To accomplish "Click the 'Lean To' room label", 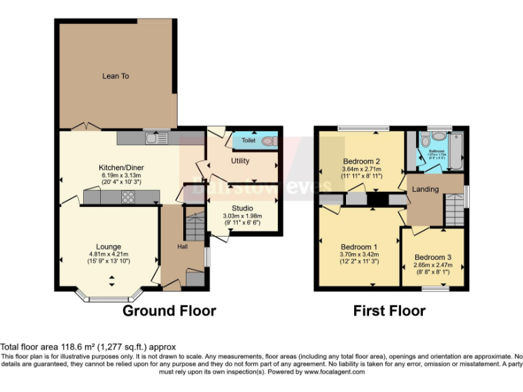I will (115, 76).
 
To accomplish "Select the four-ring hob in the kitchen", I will (128, 197).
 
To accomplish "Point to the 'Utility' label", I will (240, 161).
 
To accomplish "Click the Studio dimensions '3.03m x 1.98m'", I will (242, 216).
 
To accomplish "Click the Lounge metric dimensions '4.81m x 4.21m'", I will (108, 255).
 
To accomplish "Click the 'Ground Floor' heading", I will (169, 311).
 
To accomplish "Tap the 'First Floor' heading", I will (389, 311).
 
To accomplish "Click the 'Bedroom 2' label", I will (360, 161).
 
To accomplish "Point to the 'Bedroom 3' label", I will (432, 257).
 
